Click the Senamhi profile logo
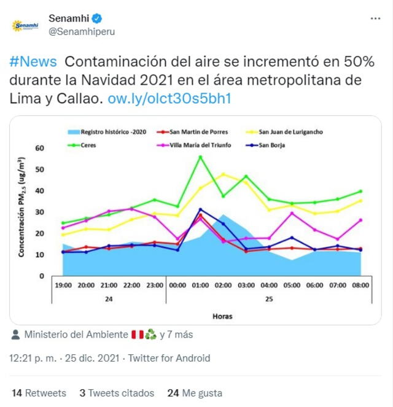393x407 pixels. point(25,25)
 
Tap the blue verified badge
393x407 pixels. point(96,18)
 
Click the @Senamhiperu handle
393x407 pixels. point(81,31)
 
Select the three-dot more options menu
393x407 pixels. point(375,19)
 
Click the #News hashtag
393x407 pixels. point(34,63)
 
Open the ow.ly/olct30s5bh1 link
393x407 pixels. point(169,99)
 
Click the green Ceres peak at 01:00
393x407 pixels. point(200,157)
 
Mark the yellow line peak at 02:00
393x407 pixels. point(224,174)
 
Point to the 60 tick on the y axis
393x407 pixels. point(40,148)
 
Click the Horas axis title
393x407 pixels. point(222,316)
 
